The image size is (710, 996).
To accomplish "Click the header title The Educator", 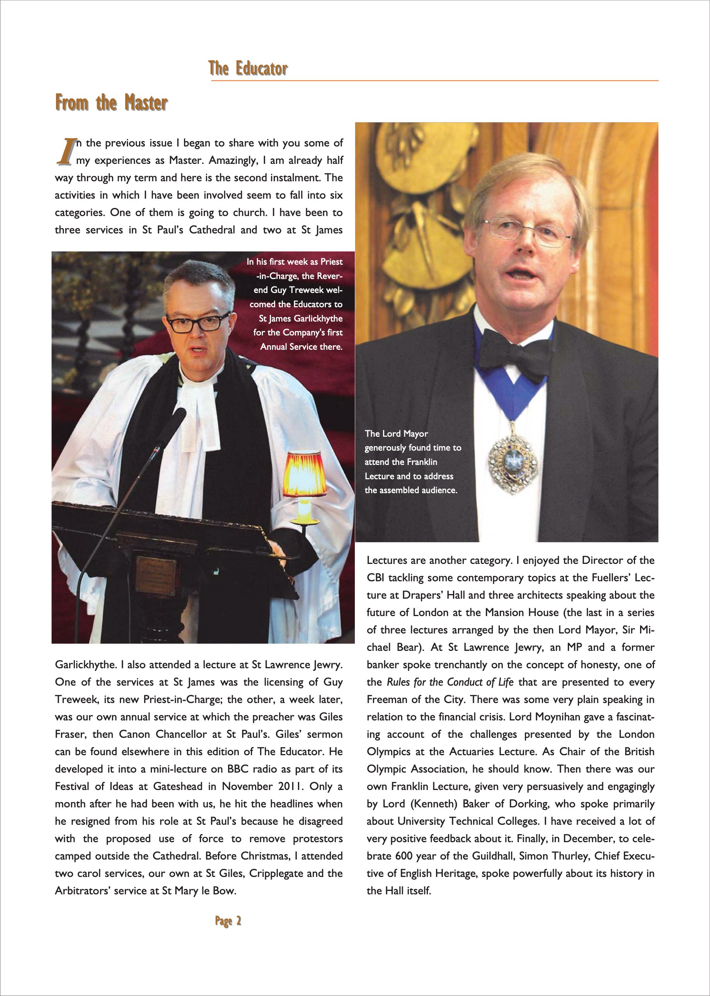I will (x=248, y=69).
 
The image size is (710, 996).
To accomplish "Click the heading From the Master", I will (x=111, y=103).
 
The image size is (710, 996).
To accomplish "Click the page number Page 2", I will (x=228, y=920).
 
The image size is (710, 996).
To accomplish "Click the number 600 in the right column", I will (x=404, y=856).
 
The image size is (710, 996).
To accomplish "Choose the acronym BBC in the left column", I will (x=238, y=769).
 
